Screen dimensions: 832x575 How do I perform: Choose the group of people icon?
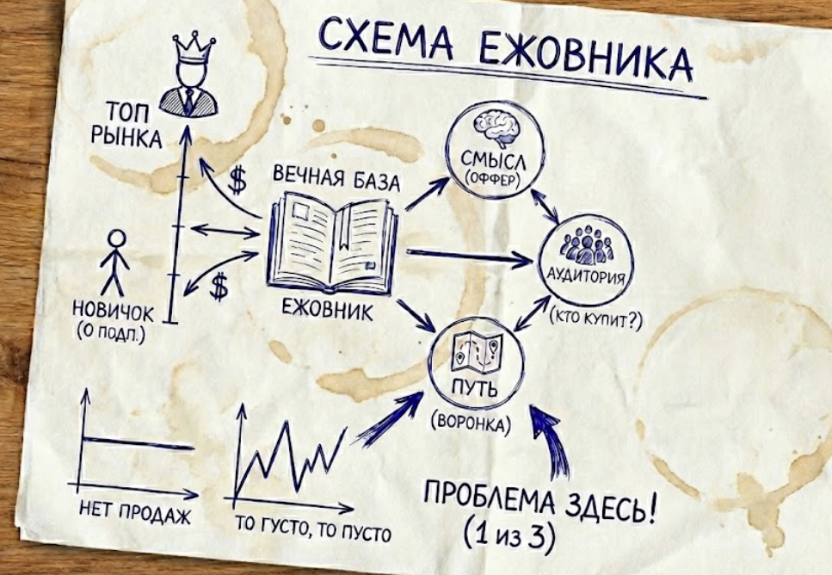pyautogui.click(x=586, y=247)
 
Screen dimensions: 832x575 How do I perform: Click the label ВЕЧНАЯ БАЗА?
pyautogui.click(x=336, y=182)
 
